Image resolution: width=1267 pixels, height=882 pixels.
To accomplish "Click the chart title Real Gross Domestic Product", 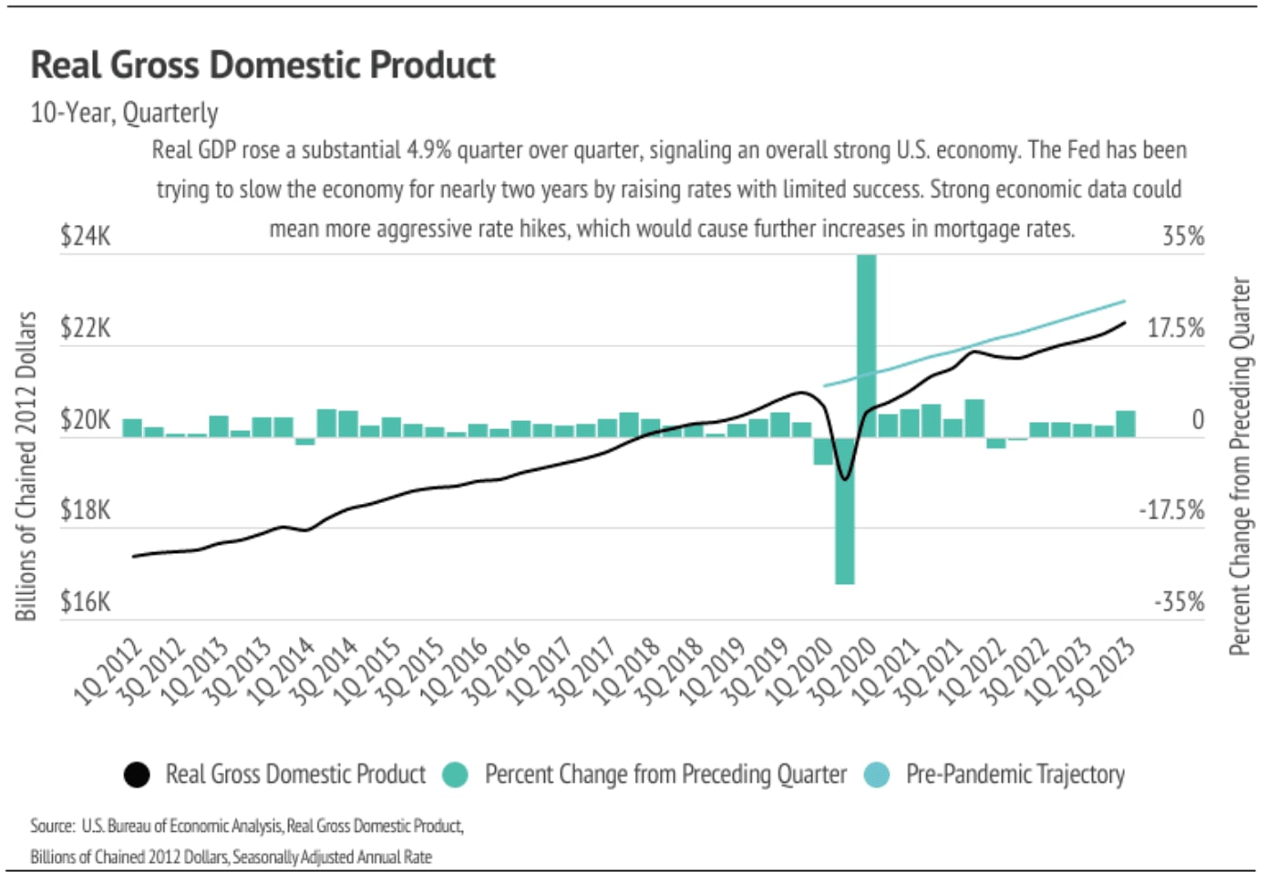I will click(263, 66).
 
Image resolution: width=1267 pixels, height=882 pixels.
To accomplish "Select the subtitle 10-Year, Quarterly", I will click(124, 113).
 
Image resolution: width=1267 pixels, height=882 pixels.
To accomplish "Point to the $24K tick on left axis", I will click(85, 236).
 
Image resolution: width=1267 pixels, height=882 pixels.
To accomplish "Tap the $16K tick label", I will click(85, 602).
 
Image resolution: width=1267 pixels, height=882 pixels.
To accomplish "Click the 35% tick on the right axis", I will click(1183, 236).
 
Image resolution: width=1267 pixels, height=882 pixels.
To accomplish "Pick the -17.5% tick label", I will click(1171, 510).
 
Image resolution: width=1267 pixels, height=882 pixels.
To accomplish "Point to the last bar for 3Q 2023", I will click(1126, 425).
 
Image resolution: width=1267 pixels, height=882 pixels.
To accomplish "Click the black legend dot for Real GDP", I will click(137, 774).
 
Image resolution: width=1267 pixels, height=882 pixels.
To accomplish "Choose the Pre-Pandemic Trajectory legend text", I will click(1015, 774).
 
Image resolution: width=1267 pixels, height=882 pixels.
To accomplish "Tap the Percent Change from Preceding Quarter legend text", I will click(665, 774).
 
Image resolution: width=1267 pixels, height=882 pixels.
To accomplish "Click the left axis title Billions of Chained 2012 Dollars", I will click(26, 466).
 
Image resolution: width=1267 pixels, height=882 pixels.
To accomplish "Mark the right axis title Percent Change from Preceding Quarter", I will click(1240, 466).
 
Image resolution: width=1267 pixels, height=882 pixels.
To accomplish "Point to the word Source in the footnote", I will click(52, 826).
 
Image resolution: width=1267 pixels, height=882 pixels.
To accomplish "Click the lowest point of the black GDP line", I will click(845, 478).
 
